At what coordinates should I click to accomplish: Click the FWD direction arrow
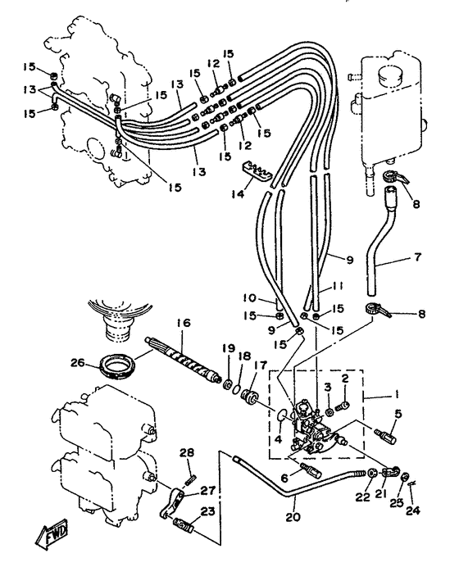click(52, 534)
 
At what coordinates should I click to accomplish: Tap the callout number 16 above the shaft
click(184, 323)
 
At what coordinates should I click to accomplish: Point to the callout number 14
click(238, 194)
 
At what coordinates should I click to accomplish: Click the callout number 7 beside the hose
click(417, 257)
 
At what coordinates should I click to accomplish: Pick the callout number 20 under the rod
click(293, 517)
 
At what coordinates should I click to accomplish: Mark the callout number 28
click(188, 452)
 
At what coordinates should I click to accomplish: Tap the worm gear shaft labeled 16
click(183, 358)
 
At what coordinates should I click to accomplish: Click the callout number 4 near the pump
click(278, 440)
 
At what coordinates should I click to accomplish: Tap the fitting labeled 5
click(385, 435)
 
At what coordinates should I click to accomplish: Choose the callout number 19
click(229, 349)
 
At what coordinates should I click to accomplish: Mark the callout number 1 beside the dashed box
click(395, 395)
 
